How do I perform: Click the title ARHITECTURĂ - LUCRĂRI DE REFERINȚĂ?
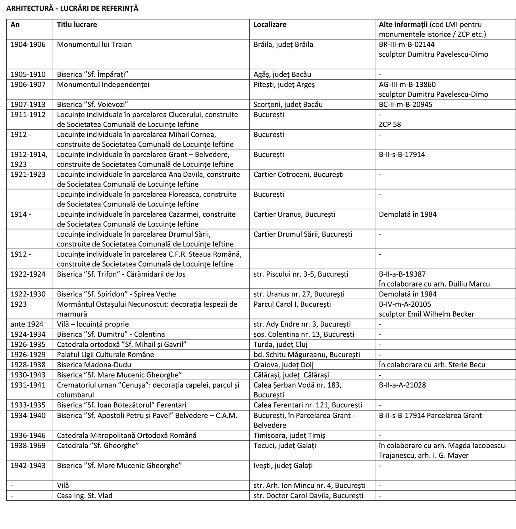point(72,8)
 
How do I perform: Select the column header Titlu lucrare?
point(77,25)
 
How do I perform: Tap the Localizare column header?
point(270,25)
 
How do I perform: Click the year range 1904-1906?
point(28,44)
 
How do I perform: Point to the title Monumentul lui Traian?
point(94,44)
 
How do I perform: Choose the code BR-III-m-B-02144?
point(406,44)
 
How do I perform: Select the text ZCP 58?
point(390,124)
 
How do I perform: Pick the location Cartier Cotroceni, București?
point(298,174)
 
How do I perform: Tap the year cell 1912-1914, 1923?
point(29,159)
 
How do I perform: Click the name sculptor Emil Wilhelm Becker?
point(426,314)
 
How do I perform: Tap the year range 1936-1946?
point(28,435)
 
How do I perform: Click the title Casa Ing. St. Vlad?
point(85,496)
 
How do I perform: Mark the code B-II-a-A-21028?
point(402,385)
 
